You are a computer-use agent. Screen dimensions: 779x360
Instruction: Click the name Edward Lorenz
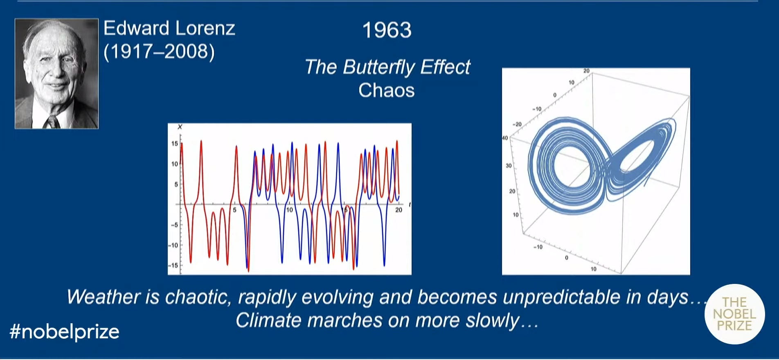pos(169,29)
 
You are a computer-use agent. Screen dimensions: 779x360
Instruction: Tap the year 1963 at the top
pos(387,30)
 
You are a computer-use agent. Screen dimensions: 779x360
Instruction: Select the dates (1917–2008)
pos(159,52)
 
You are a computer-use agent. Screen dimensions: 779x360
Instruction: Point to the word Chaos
pos(387,90)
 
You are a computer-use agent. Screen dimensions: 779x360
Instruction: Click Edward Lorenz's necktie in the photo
pos(53,122)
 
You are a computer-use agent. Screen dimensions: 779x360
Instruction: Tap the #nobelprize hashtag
pos(64,332)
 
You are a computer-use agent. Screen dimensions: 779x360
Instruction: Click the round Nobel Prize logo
pos(734,314)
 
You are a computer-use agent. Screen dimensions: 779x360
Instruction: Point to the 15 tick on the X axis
pos(175,144)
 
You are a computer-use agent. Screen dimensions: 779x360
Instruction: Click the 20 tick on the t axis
pos(399,210)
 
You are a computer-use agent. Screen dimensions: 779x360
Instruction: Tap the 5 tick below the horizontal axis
pos(234,210)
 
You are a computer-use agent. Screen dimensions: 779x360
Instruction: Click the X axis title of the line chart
pos(180,127)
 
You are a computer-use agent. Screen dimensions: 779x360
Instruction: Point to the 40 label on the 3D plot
pos(505,138)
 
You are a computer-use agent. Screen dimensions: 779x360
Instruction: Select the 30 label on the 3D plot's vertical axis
pos(509,166)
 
